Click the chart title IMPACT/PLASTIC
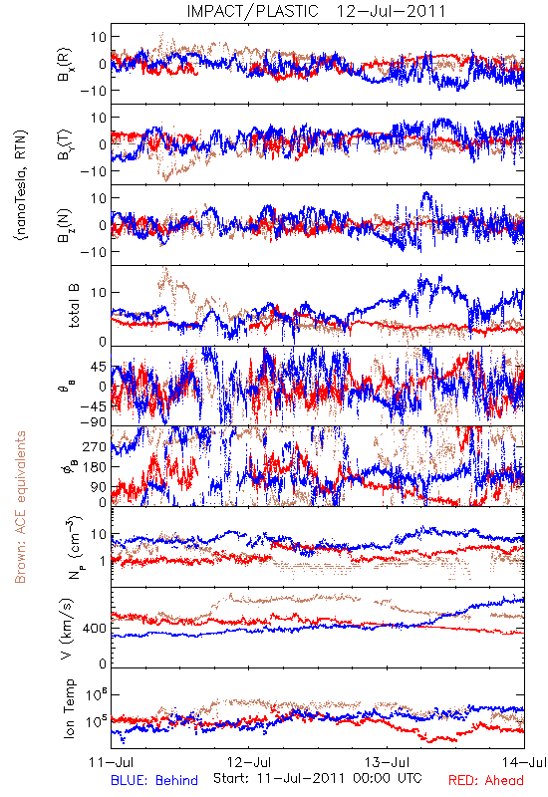[x=253, y=11]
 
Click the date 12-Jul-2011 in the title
[x=391, y=11]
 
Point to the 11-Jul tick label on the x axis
[x=112, y=762]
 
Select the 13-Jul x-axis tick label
[x=388, y=762]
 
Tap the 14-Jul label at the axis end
[x=524, y=762]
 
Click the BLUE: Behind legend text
[x=154, y=780]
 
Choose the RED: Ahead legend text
[x=485, y=780]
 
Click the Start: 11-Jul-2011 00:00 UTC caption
[x=317, y=778]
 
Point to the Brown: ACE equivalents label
[x=20, y=507]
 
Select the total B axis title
[x=74, y=306]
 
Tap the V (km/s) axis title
[x=67, y=630]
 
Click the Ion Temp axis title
[x=69, y=708]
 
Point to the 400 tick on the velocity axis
[x=95, y=629]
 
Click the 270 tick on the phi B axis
[x=95, y=446]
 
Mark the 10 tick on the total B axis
[x=100, y=292]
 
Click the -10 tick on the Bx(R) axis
[x=93, y=91]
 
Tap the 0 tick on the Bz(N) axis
[x=104, y=225]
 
